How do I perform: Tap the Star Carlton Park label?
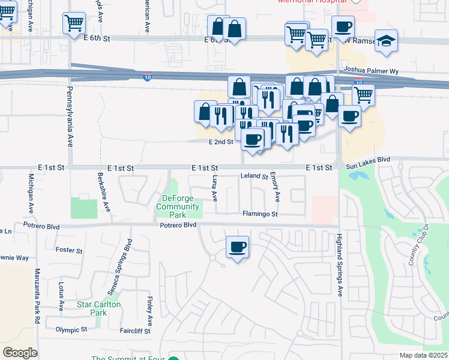coord(99,308)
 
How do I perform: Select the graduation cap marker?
coord(387,41)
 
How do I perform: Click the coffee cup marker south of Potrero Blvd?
coord(237,246)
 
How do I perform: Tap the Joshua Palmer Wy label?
coord(369,70)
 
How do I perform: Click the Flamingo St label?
coord(260,214)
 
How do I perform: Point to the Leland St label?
coord(254,177)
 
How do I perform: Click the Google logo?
coord(20,353)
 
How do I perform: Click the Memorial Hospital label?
coord(312,2)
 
